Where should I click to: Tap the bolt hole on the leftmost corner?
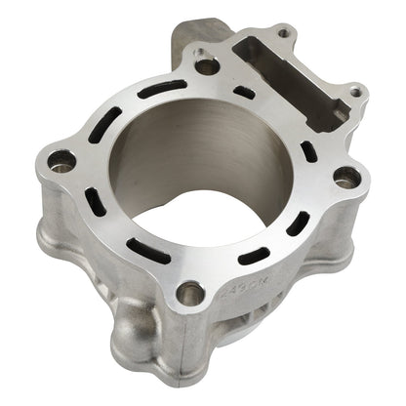[61, 161]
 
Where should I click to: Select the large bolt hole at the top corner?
[206, 66]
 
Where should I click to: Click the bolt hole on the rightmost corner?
[345, 177]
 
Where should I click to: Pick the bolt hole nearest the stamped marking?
[192, 292]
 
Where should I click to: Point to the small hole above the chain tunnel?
[283, 33]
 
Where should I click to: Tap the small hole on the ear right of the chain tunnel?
[356, 93]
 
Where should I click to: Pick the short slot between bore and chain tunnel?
[245, 94]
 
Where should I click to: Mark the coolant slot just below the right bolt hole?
[298, 223]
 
